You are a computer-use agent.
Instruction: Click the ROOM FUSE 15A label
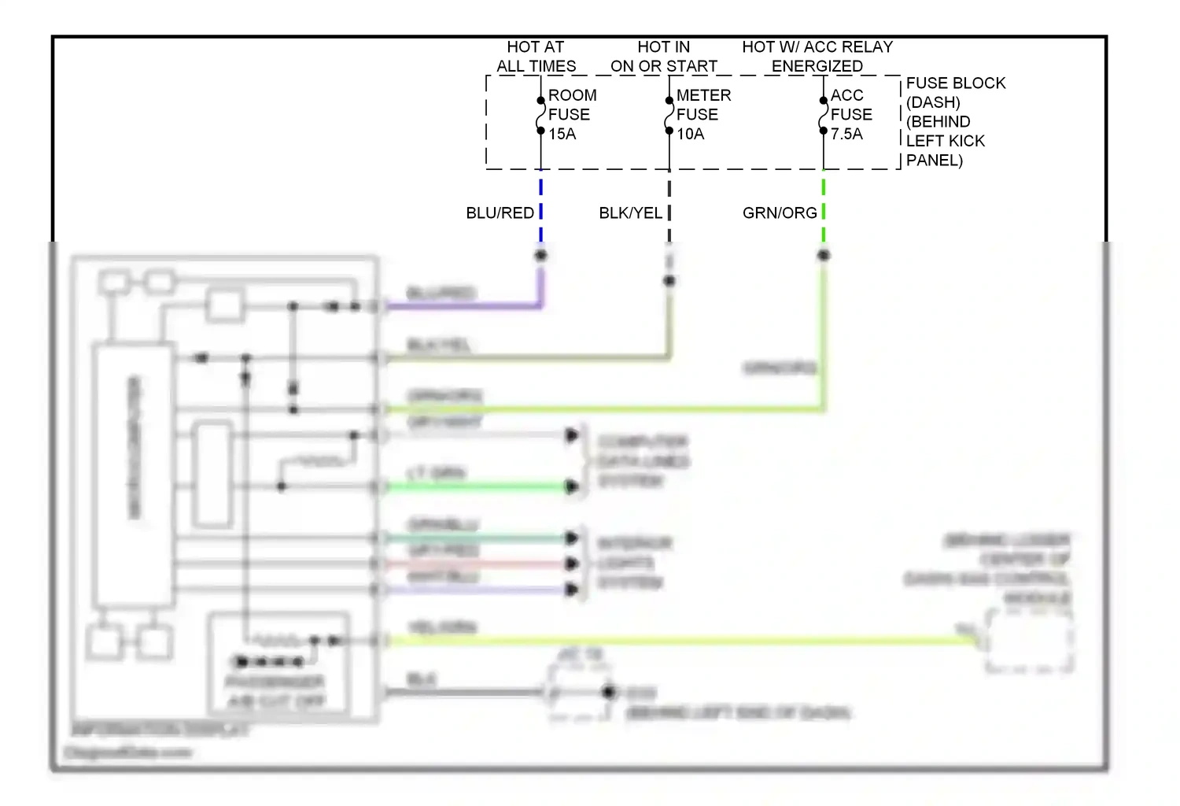coord(571,115)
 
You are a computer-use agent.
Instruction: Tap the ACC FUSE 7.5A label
coord(850,115)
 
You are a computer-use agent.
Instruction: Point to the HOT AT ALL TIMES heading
coord(536,57)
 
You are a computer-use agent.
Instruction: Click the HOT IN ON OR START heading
coord(663,57)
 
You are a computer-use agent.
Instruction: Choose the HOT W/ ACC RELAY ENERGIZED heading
coord(817,57)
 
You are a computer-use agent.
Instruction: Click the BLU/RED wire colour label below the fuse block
coord(500,213)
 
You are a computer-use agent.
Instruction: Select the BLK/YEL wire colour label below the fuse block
coord(630,213)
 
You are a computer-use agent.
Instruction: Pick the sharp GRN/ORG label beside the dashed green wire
coord(779,213)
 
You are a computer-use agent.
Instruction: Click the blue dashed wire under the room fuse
coord(540,211)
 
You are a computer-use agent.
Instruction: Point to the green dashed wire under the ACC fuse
coord(823,211)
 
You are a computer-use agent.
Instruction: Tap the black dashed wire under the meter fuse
coord(669,211)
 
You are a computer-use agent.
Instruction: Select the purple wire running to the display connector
coord(464,305)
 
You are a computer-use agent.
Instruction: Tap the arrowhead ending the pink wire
coord(572,564)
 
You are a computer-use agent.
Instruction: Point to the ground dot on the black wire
coord(608,692)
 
